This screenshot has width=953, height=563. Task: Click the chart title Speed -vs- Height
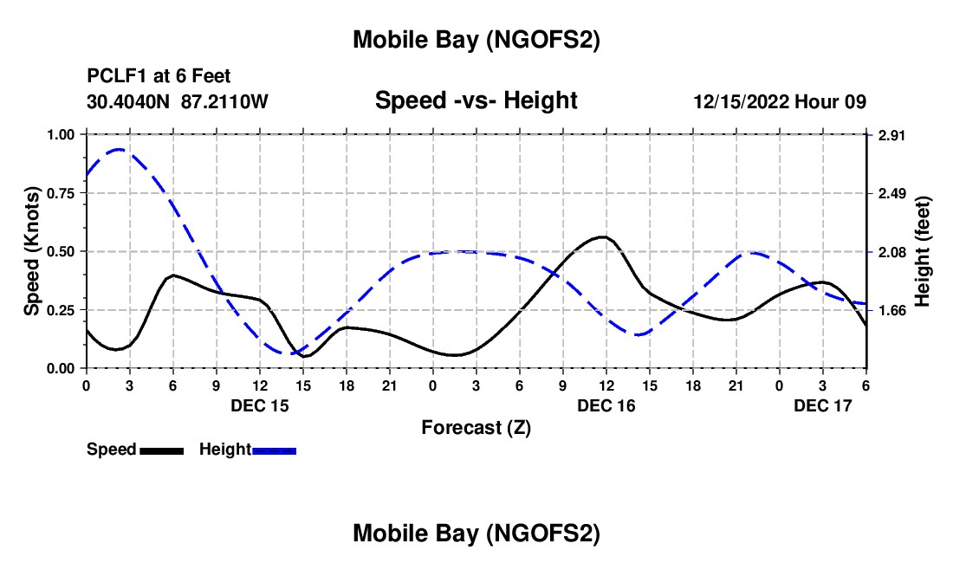(476, 100)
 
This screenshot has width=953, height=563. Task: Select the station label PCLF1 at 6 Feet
(159, 77)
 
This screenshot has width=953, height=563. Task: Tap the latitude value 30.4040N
(129, 101)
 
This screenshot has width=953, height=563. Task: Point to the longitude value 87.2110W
(225, 101)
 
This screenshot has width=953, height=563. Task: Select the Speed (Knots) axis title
(32, 251)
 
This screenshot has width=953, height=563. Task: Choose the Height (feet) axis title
(922, 251)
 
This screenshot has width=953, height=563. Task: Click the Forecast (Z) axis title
(476, 427)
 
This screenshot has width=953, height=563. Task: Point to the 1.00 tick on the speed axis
(62, 135)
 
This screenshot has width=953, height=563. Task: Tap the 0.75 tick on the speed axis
(62, 193)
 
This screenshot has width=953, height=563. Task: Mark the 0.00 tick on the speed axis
(62, 368)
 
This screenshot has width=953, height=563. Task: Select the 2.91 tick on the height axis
(891, 135)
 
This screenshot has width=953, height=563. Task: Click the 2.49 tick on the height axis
(891, 193)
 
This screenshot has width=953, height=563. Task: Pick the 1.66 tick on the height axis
(891, 310)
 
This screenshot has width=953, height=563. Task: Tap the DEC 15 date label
(260, 405)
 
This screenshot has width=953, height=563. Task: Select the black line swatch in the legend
(161, 450)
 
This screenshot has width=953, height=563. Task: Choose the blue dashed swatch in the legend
(275, 450)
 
